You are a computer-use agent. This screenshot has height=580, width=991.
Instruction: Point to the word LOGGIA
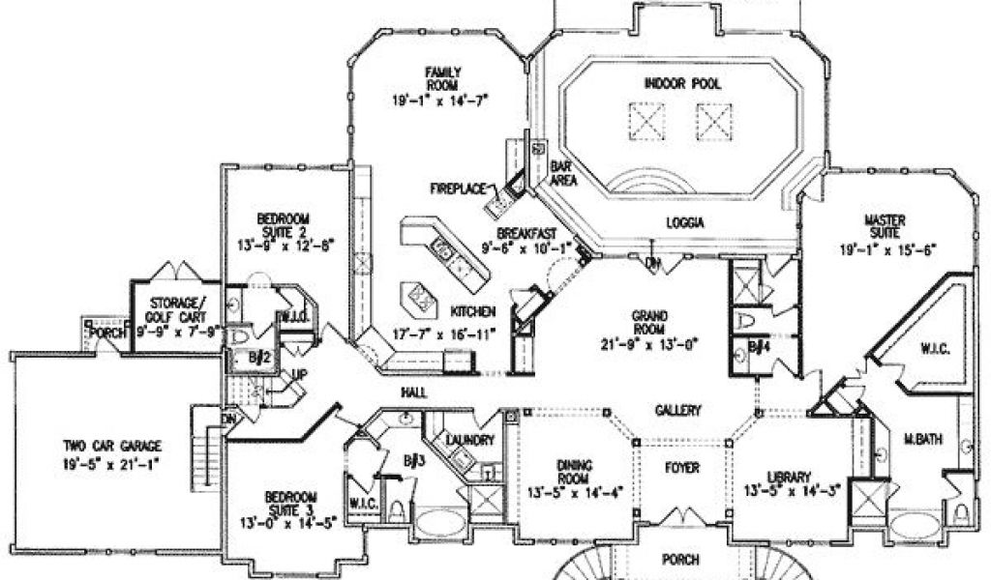point(684,222)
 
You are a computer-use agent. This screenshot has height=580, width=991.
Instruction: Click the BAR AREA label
point(563,173)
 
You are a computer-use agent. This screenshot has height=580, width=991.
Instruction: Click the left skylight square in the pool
point(646,121)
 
